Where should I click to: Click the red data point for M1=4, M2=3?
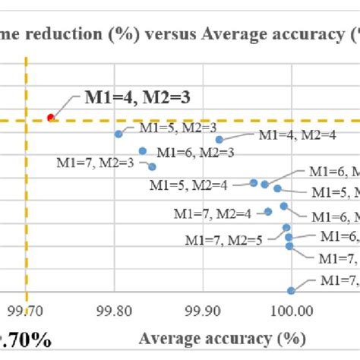coord(51,117)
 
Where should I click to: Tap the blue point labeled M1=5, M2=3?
coord(118,134)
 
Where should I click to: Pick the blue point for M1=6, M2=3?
coord(143,150)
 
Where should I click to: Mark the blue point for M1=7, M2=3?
coord(152,166)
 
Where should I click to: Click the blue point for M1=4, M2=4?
coord(219,139)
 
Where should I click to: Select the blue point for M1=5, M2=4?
coord(254,182)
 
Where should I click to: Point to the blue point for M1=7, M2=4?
coord(268,212)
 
